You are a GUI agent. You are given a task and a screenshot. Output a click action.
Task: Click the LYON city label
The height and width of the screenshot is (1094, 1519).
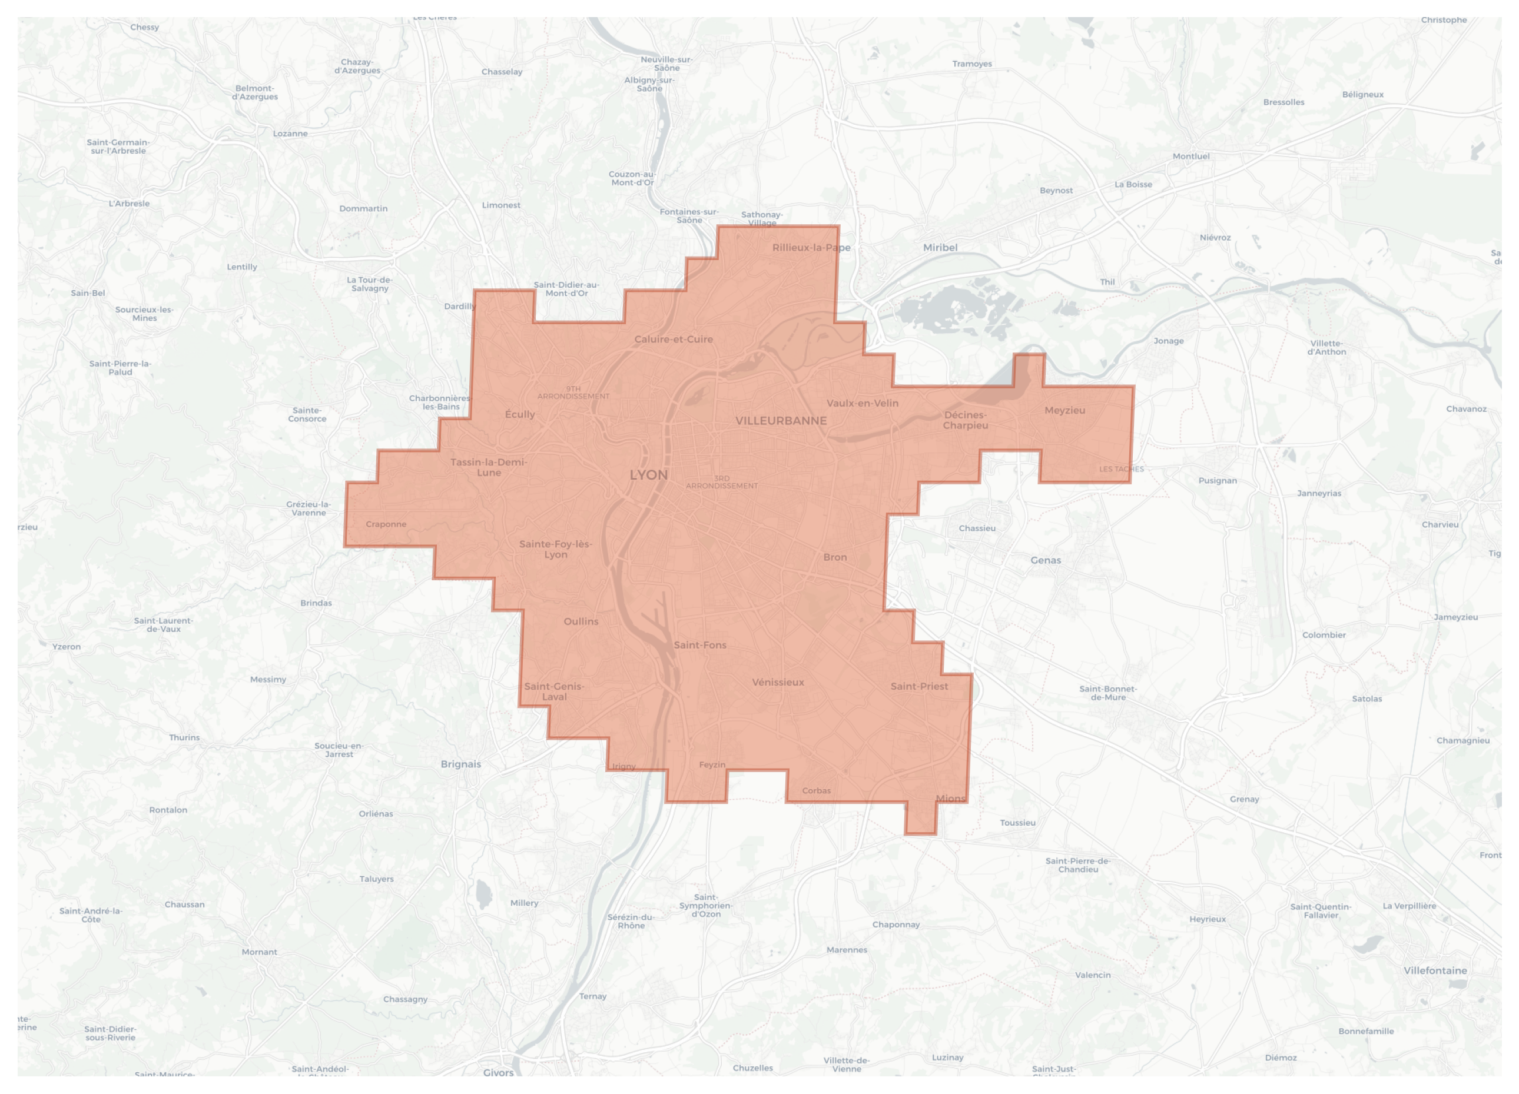648,475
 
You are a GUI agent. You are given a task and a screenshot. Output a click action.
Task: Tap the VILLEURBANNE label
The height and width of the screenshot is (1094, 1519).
781,420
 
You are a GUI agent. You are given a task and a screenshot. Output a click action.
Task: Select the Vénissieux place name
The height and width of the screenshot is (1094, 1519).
778,682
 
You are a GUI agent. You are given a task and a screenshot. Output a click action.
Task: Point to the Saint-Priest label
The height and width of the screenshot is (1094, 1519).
919,686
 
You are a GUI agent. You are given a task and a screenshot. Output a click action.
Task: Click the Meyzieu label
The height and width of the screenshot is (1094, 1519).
1064,410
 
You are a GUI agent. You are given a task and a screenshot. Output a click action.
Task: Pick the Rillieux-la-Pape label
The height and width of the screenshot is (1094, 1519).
811,248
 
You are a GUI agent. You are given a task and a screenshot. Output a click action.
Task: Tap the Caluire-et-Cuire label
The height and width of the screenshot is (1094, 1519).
673,340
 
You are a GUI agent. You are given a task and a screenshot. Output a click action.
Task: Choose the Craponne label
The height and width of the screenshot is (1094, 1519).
386,524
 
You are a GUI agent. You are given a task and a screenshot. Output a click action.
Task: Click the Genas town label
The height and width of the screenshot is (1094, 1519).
1046,560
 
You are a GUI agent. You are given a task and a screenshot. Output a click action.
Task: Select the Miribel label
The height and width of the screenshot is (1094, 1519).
940,248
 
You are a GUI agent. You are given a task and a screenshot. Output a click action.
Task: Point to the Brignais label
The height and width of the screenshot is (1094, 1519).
461,764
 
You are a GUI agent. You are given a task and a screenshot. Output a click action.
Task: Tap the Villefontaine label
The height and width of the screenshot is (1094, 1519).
1435,970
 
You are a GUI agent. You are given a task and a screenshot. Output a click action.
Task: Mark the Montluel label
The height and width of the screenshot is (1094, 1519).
1191,157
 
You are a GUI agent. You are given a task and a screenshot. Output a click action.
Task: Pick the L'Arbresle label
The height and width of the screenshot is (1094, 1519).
130,204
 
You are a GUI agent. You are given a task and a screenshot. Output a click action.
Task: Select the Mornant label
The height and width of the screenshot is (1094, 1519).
259,952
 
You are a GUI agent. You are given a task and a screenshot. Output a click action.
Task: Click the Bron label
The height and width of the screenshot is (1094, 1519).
834,557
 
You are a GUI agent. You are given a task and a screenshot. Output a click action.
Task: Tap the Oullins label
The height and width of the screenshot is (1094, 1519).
581,621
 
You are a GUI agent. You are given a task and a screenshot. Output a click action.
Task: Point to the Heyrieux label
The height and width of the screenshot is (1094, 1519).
1208,919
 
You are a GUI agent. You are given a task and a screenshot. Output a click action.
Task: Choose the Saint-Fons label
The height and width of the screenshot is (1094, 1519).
700,646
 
